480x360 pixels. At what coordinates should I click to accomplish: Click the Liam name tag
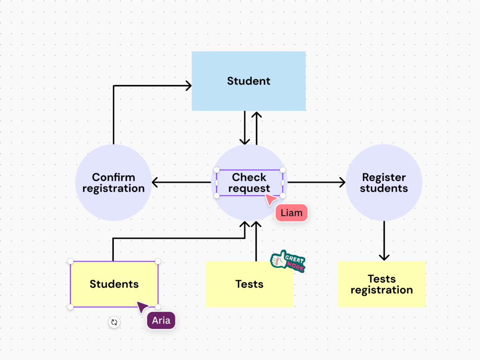(291, 213)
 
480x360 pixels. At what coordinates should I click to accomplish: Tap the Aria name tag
(161, 321)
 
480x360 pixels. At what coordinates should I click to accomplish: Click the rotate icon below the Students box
(114, 322)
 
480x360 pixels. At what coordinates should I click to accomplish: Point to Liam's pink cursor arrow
(270, 200)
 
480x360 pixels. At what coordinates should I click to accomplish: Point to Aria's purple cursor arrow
(142, 307)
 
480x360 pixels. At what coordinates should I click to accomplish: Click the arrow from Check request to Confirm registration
(181, 182)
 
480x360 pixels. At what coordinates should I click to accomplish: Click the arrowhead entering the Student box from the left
(188, 85)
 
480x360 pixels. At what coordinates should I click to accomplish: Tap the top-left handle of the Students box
(70, 261)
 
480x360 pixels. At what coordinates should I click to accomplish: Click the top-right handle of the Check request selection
(283, 170)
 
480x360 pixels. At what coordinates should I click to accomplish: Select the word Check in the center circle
(249, 177)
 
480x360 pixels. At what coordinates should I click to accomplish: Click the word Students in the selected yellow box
(114, 284)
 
